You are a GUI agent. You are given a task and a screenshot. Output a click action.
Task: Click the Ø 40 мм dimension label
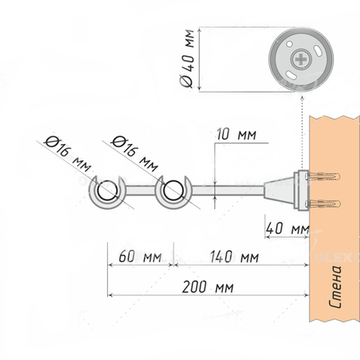[x=187, y=58]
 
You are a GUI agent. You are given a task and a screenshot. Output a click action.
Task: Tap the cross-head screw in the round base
[x=301, y=59]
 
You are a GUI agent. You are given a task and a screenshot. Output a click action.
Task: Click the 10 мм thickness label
[x=236, y=135]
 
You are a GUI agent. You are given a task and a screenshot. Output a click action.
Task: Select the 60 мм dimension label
[x=140, y=257]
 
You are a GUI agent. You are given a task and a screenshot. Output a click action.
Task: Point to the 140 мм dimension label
[x=234, y=257]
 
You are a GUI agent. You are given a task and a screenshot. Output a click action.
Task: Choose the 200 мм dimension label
[x=208, y=287]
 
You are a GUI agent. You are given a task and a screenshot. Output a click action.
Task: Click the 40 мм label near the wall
[x=287, y=228]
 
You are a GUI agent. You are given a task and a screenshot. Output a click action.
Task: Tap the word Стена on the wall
[x=335, y=287]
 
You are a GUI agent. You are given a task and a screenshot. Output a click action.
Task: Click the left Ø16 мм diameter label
[x=68, y=154]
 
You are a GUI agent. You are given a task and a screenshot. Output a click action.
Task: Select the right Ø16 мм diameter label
[x=135, y=154]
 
